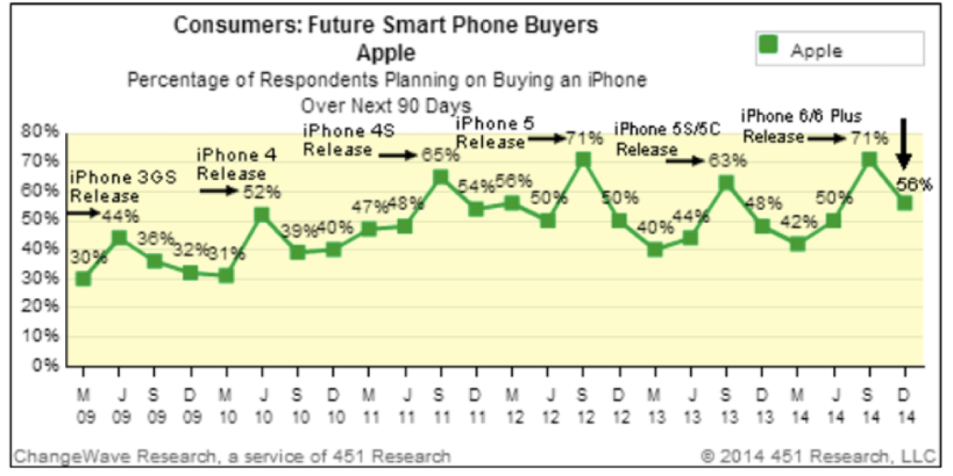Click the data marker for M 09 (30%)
[83, 278]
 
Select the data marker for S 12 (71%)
[584, 159]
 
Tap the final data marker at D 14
[905, 203]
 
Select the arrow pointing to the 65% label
[398, 156]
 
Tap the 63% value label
[728, 160]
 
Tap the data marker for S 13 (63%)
[726, 183]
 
